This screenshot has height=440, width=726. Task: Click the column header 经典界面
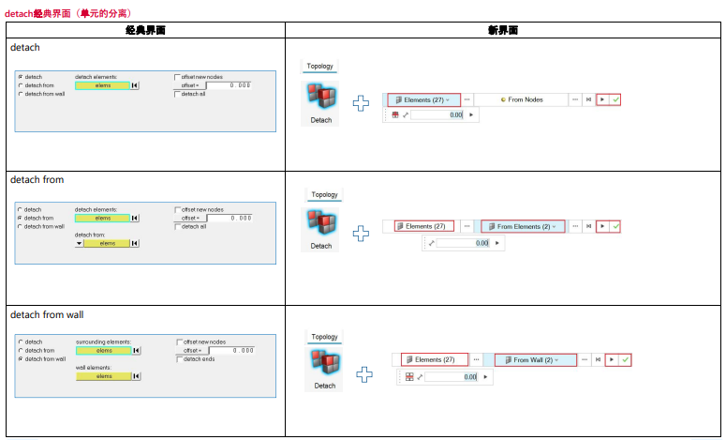144,30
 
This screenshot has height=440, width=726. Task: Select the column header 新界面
503,30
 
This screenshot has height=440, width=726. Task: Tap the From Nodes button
521,99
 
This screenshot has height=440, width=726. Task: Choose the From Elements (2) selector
523,226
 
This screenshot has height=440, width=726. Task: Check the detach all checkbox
177,94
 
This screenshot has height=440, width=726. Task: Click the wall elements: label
95,368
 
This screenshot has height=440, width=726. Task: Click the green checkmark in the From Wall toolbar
624,359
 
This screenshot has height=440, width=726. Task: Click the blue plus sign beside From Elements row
362,233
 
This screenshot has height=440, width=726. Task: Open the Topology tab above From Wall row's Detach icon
324,337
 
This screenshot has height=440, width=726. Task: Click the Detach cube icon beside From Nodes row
320,99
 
